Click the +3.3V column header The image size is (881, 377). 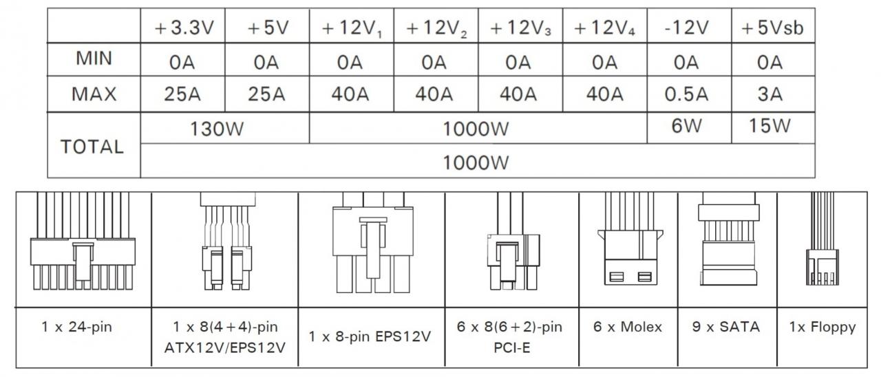click(184, 28)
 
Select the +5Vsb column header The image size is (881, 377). click(772, 28)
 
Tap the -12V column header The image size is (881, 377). click(687, 28)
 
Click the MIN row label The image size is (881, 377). click(94, 58)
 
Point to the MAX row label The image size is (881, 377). click(94, 94)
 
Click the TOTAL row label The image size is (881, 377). click(92, 147)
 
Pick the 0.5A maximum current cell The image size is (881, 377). click(686, 94)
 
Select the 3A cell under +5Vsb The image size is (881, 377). click(769, 94)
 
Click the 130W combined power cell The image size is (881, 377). click(217, 129)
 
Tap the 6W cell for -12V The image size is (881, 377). click(686, 126)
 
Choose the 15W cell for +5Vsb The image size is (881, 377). click(769, 126)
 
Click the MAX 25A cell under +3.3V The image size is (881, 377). click(182, 94)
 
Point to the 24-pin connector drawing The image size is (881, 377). click(83, 241)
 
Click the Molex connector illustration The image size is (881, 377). click(630, 239)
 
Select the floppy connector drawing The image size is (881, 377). click(822, 239)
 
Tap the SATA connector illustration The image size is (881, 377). click(728, 239)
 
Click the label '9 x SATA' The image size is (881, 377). click(725, 327)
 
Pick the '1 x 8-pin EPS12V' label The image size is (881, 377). click(370, 337)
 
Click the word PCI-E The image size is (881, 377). click(511, 348)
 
